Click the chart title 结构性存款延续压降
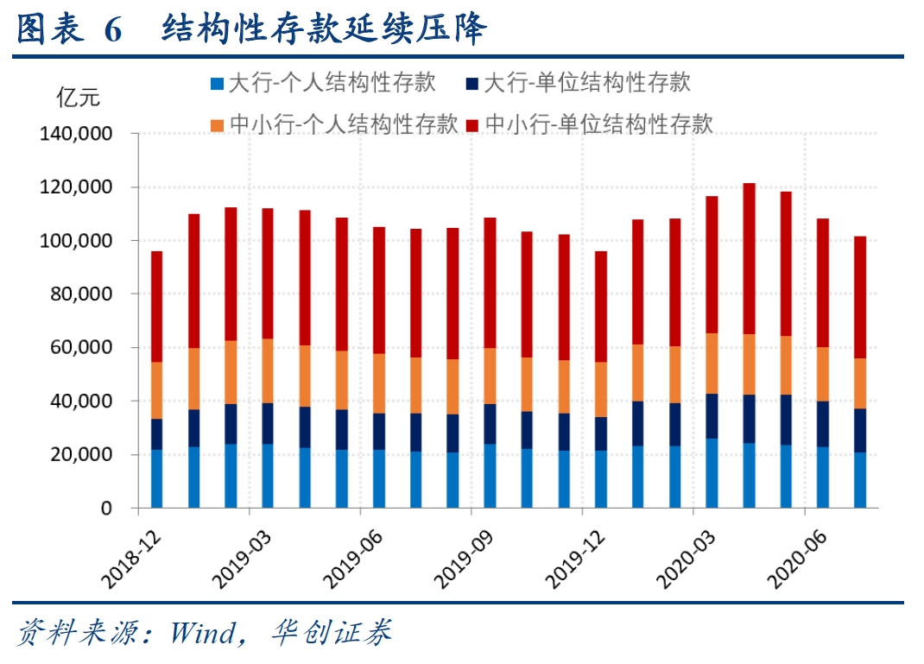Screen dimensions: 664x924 [x=326, y=29]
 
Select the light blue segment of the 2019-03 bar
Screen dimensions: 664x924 [x=268, y=476]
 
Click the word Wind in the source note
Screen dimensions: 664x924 [x=202, y=634]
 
